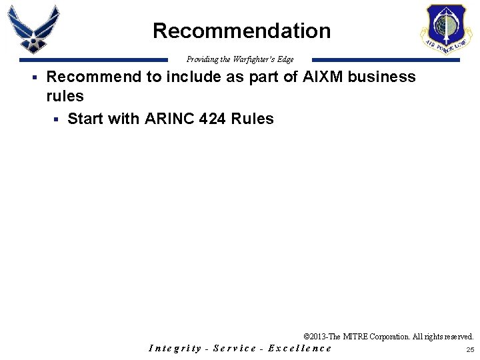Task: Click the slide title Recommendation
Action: point(241,31)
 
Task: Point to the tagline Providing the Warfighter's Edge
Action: point(240,59)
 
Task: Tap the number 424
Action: point(213,119)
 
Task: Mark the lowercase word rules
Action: point(65,96)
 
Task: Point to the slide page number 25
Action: point(470,349)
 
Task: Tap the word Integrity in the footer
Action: point(175,348)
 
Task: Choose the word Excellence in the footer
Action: point(299,348)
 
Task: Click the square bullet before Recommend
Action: point(33,78)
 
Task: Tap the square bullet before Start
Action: point(56,120)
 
